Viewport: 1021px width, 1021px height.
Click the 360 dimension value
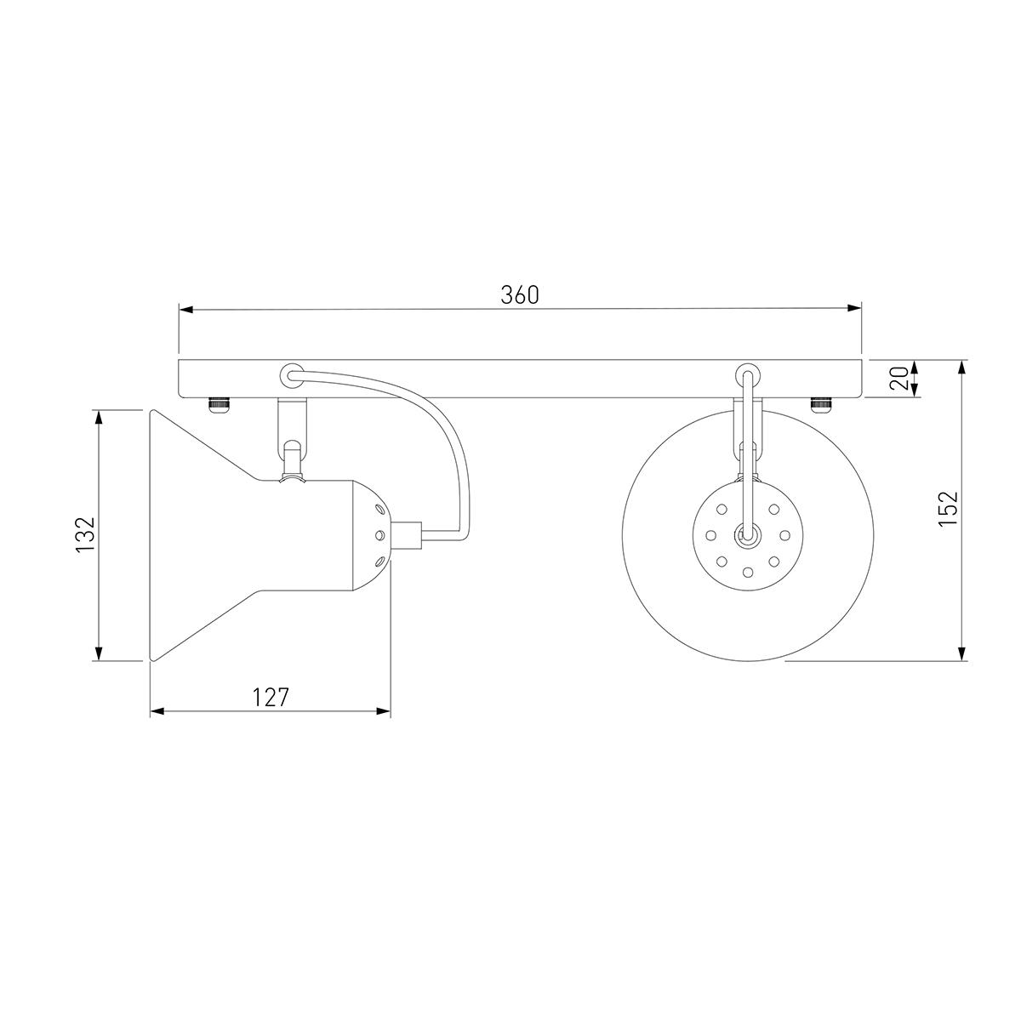(x=519, y=295)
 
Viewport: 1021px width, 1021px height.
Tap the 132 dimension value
(x=86, y=534)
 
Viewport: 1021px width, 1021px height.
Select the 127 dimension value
(x=271, y=698)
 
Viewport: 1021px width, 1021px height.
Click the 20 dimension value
(x=900, y=377)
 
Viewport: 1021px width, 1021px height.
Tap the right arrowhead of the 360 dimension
(x=854, y=308)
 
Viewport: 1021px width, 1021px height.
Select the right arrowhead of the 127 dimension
(x=383, y=710)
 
